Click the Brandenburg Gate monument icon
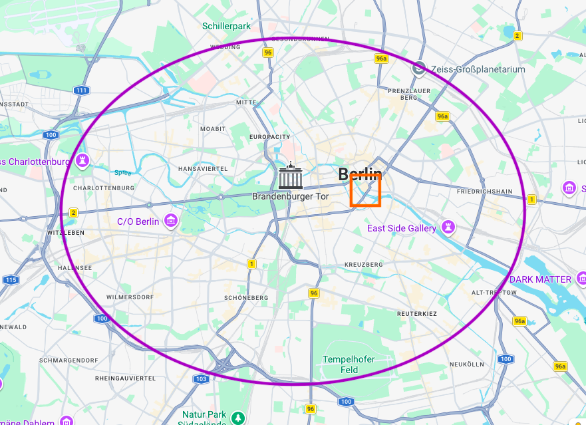pos(290,176)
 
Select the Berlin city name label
pos(360,175)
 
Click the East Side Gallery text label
pos(402,228)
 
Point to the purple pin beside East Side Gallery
pos(450,228)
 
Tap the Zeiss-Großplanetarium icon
pos(418,68)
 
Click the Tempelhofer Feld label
pos(349,364)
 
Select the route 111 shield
pos(81,90)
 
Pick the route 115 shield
pos(10,280)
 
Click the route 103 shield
pos(201,378)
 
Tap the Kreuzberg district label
pos(364,265)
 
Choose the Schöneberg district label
pos(246,297)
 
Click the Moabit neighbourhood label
pos(213,128)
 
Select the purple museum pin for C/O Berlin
pos(172,221)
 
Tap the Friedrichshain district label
pos(484,192)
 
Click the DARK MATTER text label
pos(540,279)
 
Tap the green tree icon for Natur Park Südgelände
pos(238,418)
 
